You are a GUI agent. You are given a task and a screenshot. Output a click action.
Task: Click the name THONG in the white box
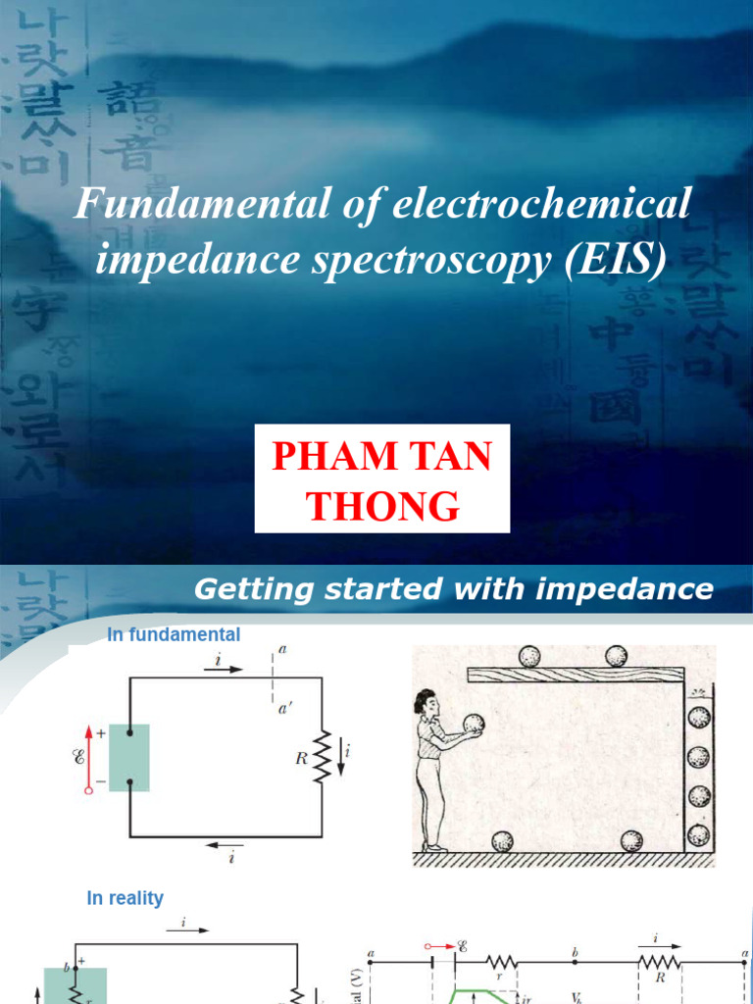click(382, 507)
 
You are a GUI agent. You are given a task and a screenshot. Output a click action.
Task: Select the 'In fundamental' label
click(174, 635)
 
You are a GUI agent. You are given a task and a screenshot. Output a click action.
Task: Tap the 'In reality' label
click(125, 898)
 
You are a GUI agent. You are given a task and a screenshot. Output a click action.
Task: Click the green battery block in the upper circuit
click(128, 757)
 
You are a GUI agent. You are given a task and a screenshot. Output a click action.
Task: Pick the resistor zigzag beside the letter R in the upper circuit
click(323, 755)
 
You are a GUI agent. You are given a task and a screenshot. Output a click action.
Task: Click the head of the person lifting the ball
click(427, 703)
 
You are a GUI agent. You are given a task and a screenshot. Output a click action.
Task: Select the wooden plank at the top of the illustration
click(575, 674)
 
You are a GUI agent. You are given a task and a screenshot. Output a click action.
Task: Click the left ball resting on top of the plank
click(529, 656)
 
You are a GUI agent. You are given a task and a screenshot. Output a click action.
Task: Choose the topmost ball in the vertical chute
click(698, 718)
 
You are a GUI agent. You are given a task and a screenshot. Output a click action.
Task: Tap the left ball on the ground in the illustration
click(502, 841)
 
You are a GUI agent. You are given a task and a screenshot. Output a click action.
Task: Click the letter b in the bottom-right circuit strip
click(575, 950)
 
